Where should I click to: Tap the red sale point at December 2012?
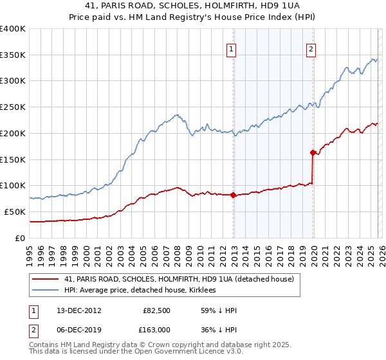click(x=234, y=195)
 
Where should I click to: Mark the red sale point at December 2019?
click(x=313, y=152)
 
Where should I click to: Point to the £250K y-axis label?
click(x=13, y=107)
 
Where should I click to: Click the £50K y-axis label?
click(x=15, y=212)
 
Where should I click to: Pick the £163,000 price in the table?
click(x=156, y=329)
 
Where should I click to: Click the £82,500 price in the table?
click(x=156, y=310)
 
